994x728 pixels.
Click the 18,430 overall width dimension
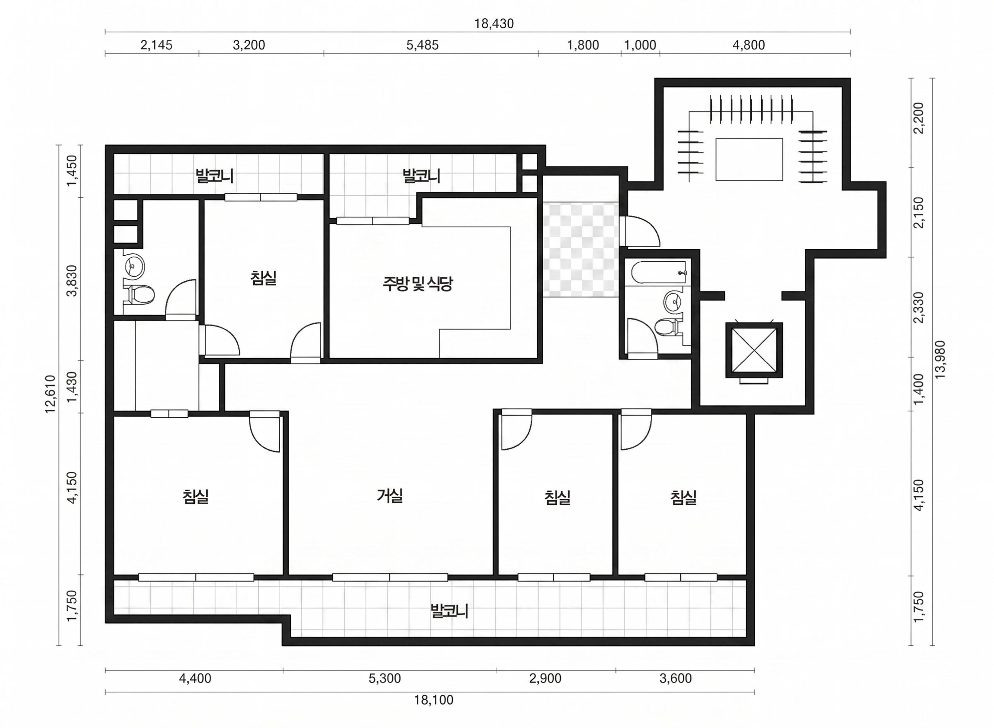(494, 23)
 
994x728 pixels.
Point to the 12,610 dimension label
(50, 394)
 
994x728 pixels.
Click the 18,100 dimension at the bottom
(433, 700)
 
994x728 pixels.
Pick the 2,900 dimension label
(545, 678)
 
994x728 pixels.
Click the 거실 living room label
(390, 496)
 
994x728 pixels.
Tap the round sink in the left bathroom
(133, 266)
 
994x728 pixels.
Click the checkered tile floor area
(580, 249)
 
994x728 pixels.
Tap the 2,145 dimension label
(156, 45)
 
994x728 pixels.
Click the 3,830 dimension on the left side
(71, 281)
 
